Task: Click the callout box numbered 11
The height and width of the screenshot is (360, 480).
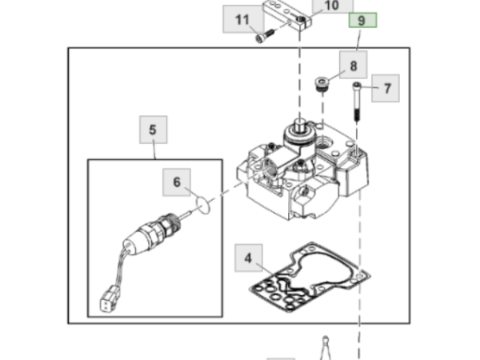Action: coord(243,19)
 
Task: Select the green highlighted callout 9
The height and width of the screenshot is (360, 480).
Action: coord(362,20)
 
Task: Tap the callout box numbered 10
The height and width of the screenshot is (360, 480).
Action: coord(333,6)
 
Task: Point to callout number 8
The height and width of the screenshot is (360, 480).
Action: coord(354,65)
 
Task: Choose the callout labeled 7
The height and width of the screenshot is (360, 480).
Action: coord(386,88)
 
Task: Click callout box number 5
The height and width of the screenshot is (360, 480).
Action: coord(154,130)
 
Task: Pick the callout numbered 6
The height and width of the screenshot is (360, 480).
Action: coord(177,182)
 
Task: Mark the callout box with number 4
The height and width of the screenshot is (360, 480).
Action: coord(249,258)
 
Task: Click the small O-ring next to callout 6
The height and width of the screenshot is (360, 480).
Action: coord(203,205)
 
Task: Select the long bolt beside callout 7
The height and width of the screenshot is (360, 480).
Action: coord(357,102)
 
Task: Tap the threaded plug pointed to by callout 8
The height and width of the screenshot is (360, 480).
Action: coord(322,84)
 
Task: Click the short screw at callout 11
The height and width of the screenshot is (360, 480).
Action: coord(265,35)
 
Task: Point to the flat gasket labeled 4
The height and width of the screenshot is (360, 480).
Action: coord(309,277)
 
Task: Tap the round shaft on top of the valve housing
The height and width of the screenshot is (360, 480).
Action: coord(299,126)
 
